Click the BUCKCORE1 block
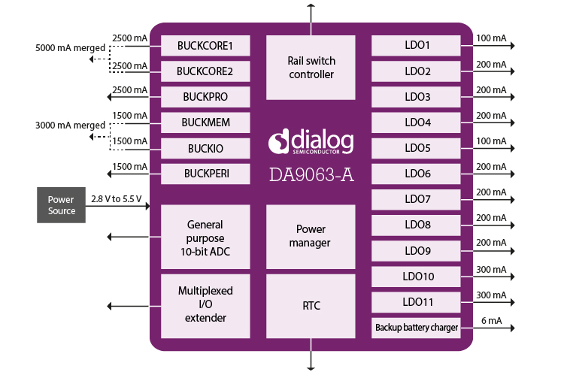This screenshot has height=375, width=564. point(205,46)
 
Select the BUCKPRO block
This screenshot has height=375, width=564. point(205,97)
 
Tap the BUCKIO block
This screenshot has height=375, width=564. point(205,148)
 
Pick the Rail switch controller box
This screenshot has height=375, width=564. point(311,67)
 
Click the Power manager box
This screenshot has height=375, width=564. point(311,236)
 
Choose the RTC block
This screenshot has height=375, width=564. point(311,306)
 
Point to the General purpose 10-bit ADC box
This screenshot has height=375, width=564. point(205,236)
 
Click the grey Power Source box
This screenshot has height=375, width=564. point(61,205)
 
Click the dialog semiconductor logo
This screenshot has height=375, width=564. point(311,141)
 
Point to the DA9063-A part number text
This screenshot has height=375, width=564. point(311,174)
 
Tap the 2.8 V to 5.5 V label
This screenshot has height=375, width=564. point(116,198)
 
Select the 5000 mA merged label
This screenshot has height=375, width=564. point(70,49)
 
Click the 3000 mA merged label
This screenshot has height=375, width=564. point(70,126)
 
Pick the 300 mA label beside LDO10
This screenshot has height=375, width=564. point(491,270)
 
